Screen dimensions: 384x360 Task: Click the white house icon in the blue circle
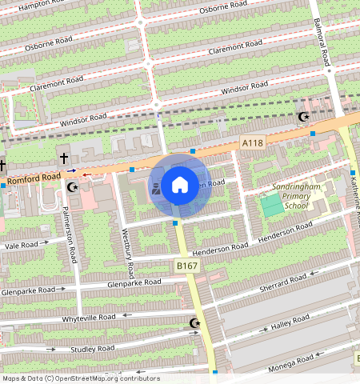tap(180, 186)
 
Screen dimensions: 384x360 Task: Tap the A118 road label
tap(252, 142)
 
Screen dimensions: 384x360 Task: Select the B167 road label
tap(186, 266)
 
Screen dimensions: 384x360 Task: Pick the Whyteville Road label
tap(89, 318)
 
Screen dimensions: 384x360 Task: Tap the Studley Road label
tap(93, 349)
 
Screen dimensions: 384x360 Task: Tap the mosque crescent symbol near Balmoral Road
tap(303, 118)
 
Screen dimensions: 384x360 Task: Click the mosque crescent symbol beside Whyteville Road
tap(194, 324)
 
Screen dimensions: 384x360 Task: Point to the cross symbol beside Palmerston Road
tap(63, 159)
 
